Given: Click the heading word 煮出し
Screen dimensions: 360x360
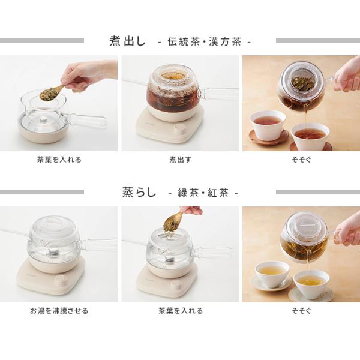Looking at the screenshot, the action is [x=127, y=41].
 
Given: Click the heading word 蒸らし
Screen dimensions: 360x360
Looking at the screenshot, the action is [x=139, y=192].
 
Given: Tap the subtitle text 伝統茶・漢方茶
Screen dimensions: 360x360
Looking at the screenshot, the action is [x=205, y=42].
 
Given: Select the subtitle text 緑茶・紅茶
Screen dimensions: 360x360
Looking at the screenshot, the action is [x=203, y=193].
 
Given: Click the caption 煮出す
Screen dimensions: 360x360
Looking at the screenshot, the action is [x=180, y=160].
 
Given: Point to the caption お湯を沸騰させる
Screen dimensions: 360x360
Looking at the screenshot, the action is [x=59, y=311].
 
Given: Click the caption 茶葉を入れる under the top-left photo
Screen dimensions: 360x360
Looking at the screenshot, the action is [x=59, y=160].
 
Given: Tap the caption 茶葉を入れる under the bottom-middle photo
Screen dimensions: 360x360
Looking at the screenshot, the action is [x=181, y=311].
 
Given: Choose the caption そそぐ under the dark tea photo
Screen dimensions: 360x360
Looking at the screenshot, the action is [x=301, y=160].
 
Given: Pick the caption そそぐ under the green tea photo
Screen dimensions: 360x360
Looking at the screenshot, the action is [x=301, y=311].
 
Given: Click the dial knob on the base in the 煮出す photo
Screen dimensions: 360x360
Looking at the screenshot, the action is [x=181, y=129].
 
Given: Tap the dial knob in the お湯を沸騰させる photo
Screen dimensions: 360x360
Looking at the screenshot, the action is [x=60, y=281].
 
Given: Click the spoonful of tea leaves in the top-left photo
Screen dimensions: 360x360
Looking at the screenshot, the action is [x=49, y=94].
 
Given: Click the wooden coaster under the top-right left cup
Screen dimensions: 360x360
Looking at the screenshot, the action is [x=268, y=136].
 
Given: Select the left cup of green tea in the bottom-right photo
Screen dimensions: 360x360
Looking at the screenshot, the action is [x=272, y=274].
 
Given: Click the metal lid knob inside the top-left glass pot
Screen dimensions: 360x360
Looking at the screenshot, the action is [x=43, y=119].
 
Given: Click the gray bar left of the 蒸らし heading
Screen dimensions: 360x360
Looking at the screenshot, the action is [x=42, y=192].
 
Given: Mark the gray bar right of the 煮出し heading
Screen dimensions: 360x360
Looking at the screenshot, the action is [x=318, y=41].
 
